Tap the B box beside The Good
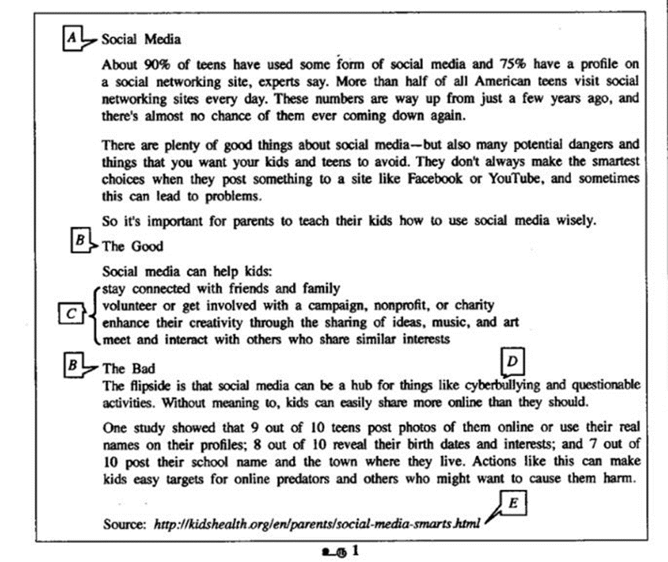coord(80,241)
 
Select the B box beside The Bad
coord(71,365)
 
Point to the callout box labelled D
coord(512,360)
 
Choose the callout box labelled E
coord(513,504)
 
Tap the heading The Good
coord(132,246)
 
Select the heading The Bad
coord(129,369)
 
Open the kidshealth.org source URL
coord(316,524)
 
